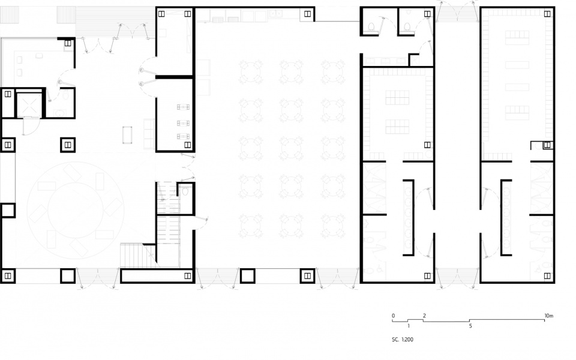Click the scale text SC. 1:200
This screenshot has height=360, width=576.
point(402,340)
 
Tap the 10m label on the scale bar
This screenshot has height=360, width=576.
point(549,316)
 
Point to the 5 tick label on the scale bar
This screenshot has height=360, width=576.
point(470,326)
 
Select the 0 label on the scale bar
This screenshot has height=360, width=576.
point(393,316)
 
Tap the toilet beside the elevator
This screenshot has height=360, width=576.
point(65,96)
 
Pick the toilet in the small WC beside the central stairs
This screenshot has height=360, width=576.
point(185,191)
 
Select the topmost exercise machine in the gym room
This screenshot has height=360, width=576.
point(183,107)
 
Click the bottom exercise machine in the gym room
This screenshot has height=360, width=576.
point(183,136)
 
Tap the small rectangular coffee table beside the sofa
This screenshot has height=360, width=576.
point(127,135)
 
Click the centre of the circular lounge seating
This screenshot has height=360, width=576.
point(76,210)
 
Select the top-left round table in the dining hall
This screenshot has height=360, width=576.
point(251,71)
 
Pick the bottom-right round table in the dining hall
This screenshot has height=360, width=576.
point(333,225)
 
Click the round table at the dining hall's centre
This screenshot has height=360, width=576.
point(292,148)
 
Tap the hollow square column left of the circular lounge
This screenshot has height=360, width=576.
point(8,211)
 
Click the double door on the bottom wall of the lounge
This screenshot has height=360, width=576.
point(98,278)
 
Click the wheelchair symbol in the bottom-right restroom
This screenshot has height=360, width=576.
point(539,269)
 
